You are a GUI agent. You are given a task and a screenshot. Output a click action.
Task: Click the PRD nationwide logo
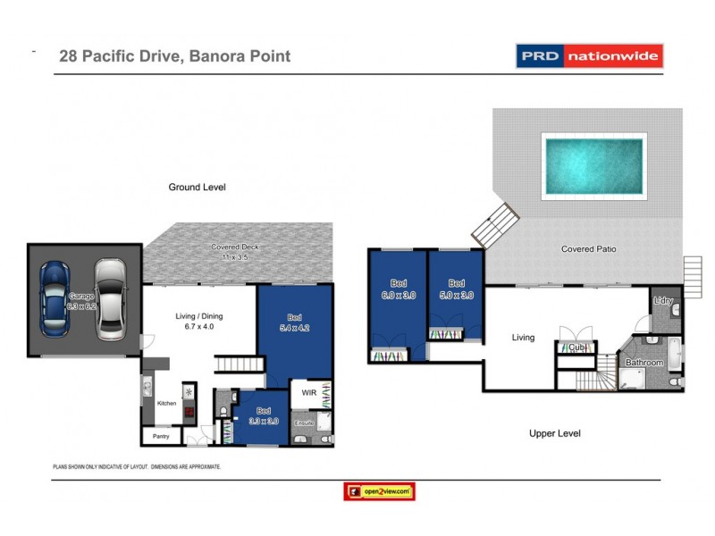point(589,56)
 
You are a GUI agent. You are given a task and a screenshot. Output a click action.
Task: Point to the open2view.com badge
point(379,491)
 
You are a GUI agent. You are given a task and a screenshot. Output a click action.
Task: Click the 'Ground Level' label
point(198,188)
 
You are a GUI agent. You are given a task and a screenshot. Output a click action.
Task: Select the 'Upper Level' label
point(554,433)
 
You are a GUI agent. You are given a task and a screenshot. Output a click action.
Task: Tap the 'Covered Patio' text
point(588,249)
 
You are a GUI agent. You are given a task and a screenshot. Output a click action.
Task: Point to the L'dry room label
point(662,301)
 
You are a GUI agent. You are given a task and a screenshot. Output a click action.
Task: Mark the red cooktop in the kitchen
point(189,412)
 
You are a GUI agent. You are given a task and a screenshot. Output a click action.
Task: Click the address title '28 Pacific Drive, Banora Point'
point(174,56)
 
